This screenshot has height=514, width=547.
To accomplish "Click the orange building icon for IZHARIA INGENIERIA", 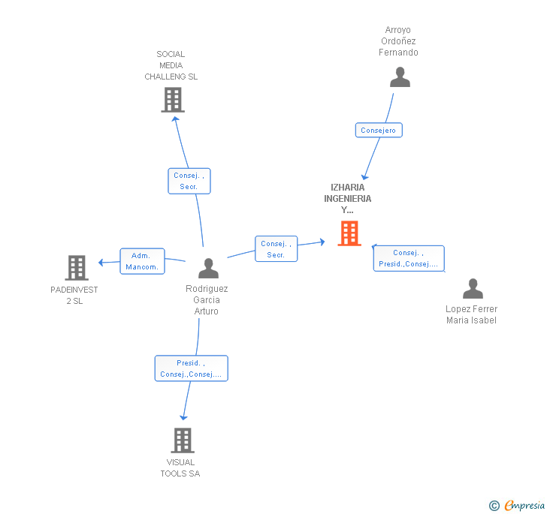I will (349, 233).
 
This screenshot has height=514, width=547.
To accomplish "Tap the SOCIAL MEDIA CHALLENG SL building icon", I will (173, 100).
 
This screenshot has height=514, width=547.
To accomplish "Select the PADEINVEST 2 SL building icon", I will (76, 267).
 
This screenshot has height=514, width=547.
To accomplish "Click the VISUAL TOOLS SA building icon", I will (183, 440).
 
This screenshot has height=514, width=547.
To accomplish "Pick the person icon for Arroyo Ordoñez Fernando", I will (400, 77).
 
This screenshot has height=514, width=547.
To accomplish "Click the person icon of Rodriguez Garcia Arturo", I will (208, 268).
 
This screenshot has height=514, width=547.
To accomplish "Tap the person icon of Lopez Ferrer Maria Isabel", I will (472, 289).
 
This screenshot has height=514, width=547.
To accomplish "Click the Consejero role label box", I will (379, 131).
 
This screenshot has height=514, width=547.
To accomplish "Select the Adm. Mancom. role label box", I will (142, 261).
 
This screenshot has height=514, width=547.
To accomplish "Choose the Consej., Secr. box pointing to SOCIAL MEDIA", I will (189, 181).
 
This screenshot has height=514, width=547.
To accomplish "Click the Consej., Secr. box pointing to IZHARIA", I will (276, 249).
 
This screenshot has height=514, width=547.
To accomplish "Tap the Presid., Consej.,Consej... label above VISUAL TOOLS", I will (191, 368).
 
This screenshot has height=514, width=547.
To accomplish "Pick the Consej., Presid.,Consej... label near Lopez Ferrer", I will (409, 258).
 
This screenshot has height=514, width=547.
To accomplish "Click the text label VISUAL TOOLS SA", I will (180, 467).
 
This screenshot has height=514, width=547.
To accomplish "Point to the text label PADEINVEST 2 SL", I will (74, 295).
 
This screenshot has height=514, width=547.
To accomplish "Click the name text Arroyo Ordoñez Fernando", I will (398, 41).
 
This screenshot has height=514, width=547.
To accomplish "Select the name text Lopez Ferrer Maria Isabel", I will (471, 314).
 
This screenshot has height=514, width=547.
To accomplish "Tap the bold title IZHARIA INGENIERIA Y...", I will (347, 199).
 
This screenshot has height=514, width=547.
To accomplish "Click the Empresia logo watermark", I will (524, 506).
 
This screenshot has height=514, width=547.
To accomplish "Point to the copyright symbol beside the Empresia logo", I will (494, 506).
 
